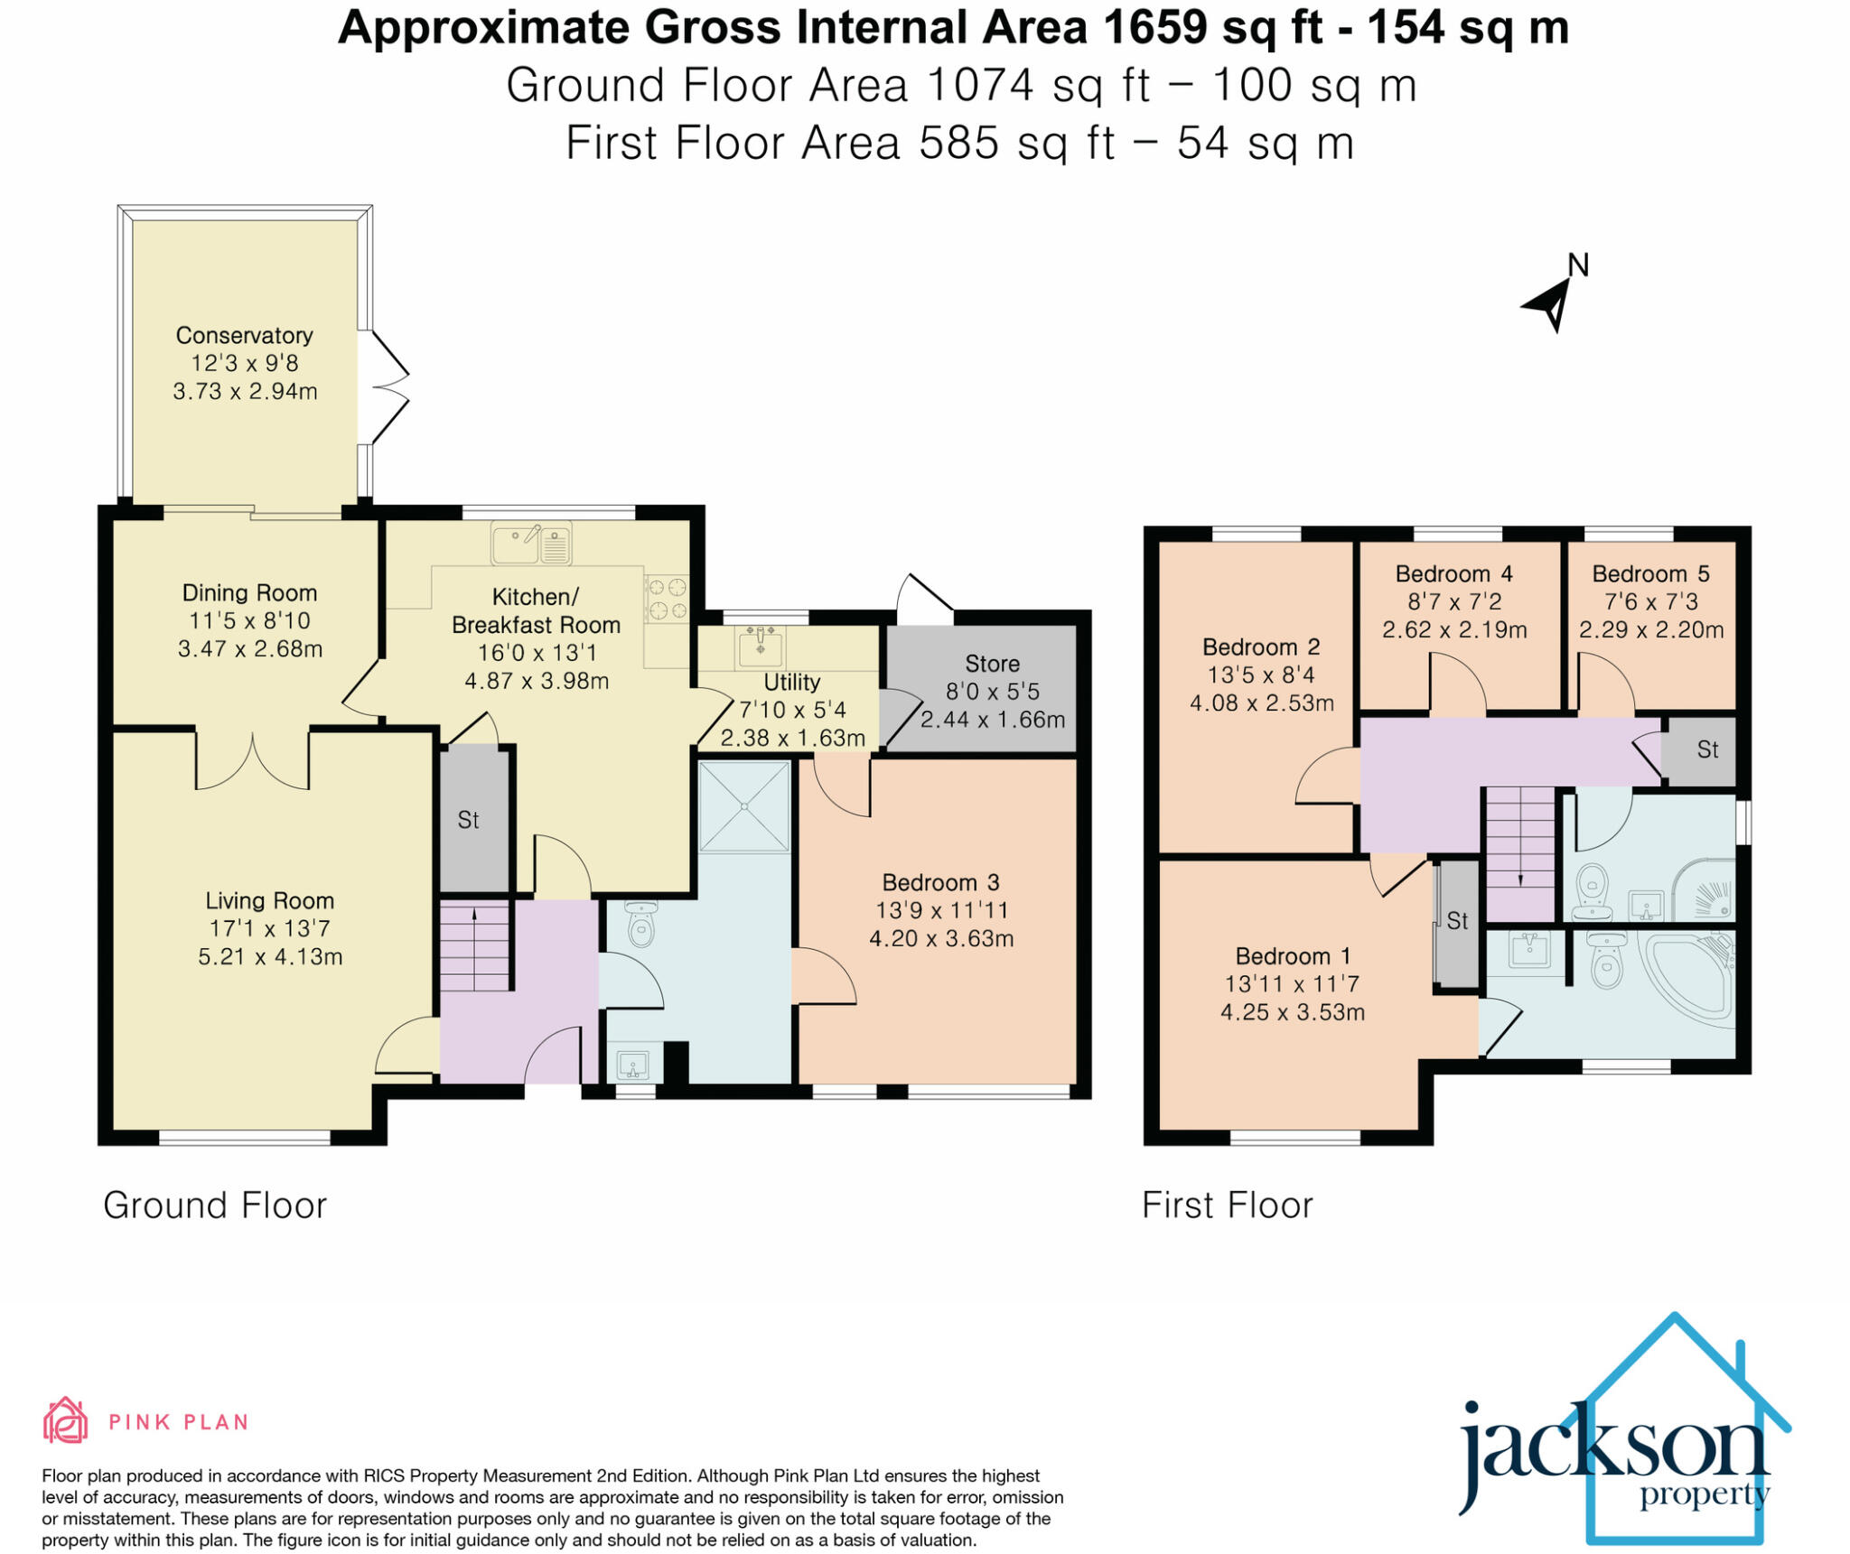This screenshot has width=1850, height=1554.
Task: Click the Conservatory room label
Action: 244,335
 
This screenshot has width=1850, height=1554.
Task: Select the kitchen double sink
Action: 531,544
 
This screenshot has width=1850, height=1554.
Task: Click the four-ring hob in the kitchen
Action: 667,599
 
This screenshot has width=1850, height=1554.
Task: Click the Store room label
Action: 992,664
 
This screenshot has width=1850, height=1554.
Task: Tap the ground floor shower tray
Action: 744,805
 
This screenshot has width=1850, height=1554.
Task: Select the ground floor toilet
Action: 640,925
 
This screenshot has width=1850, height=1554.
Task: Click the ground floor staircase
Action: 474,945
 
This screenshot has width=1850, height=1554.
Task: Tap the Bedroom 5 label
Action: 1650,573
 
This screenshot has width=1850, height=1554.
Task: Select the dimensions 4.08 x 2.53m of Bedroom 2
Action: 1261,703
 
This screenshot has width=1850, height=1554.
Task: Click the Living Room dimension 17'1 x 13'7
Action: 269,928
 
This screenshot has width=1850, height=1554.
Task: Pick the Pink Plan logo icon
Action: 65,1421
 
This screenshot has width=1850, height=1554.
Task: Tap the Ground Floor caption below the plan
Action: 214,1205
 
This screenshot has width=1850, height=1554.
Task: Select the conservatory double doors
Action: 387,386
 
